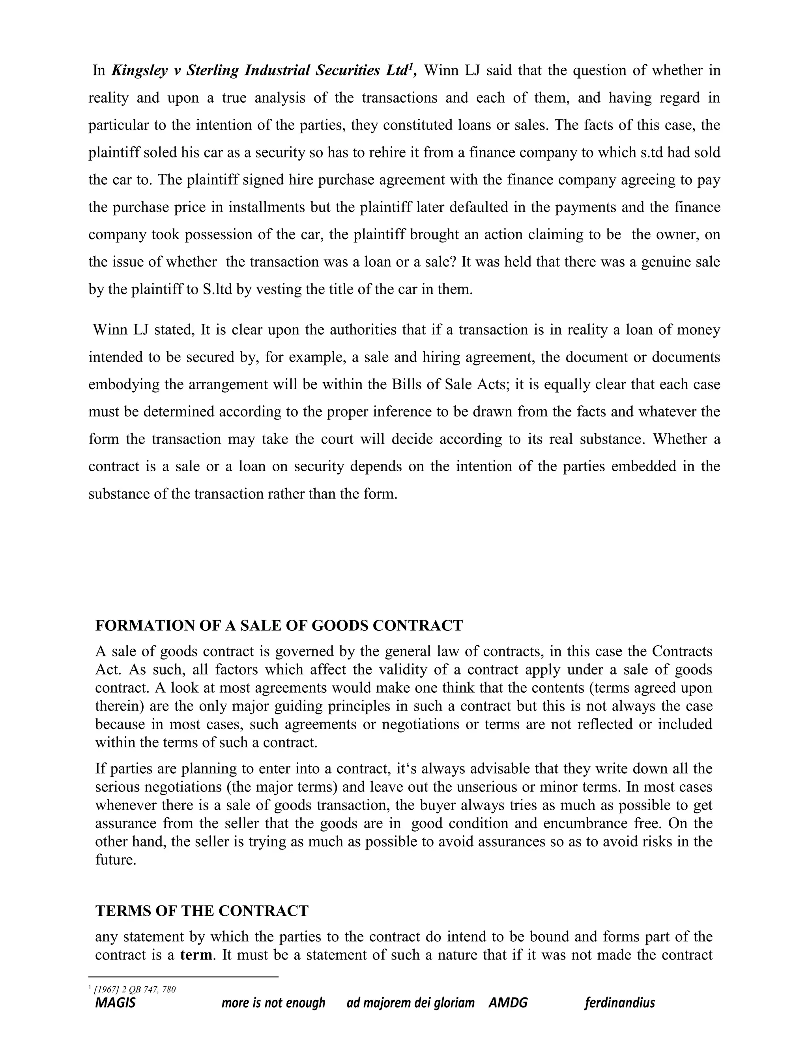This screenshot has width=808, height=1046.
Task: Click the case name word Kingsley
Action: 139,71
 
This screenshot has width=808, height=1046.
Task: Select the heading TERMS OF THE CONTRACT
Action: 202,911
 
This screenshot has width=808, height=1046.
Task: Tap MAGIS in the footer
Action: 115,1003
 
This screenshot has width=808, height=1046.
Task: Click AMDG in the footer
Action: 508,1003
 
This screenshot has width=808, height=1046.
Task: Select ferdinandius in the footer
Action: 619,1003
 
